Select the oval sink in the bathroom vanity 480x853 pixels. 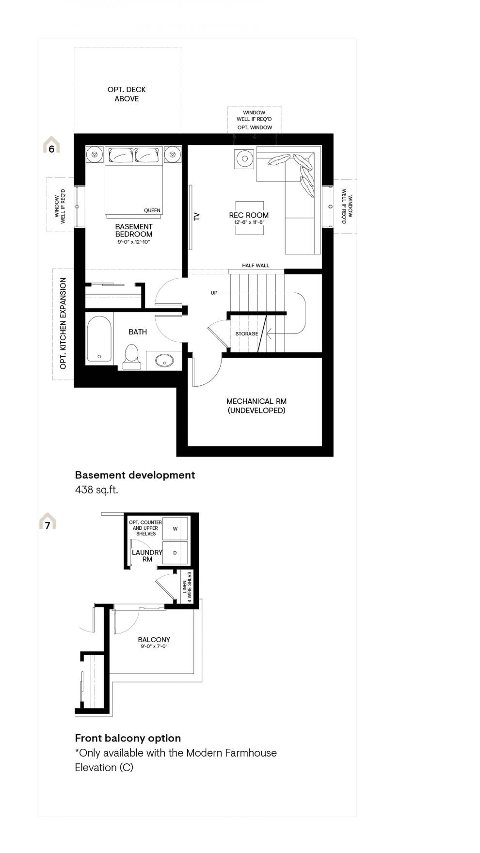coord(164,360)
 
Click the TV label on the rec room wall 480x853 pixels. coord(197,216)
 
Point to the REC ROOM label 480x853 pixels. coord(249,215)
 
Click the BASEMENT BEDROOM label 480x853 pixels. coord(134,230)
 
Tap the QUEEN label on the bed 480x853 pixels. coord(152,210)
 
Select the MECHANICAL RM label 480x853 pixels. coord(256,401)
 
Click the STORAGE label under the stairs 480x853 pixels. coord(247,333)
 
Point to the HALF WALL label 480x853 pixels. coord(256,266)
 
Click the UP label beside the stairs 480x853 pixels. coord(214,293)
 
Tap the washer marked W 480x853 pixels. coord(175,528)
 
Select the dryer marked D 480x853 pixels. coord(175,553)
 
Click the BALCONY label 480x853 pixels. coord(154,640)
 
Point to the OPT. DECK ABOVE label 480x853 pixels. coord(127,94)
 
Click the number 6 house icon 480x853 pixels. coord(51,145)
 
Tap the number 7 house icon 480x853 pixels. coord(48,521)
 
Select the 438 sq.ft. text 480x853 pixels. coord(96,490)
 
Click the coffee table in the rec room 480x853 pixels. coord(250,218)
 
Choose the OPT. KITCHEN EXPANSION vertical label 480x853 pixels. coord(63,323)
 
